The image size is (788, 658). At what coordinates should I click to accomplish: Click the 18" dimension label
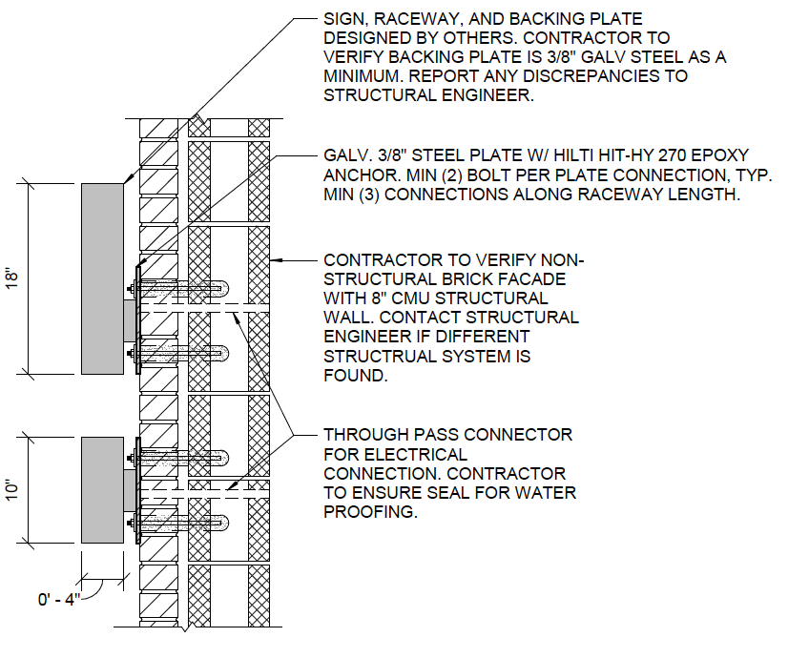pyautogui.click(x=12, y=278)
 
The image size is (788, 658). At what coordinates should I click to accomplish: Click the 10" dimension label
pyautogui.click(x=12, y=490)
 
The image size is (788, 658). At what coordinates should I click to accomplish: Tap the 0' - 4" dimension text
pyautogui.click(x=59, y=599)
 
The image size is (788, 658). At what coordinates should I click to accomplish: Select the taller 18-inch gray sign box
pyautogui.click(x=102, y=278)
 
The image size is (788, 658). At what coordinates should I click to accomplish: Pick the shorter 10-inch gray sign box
pyautogui.click(x=102, y=490)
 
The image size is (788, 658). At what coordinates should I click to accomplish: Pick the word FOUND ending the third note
pyautogui.click(x=356, y=375)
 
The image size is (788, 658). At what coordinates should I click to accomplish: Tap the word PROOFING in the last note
pyautogui.click(x=370, y=512)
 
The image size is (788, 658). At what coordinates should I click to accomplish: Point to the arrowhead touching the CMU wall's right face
pyautogui.click(x=276, y=260)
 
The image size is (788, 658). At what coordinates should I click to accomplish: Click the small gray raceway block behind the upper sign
pyautogui.click(x=130, y=321)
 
